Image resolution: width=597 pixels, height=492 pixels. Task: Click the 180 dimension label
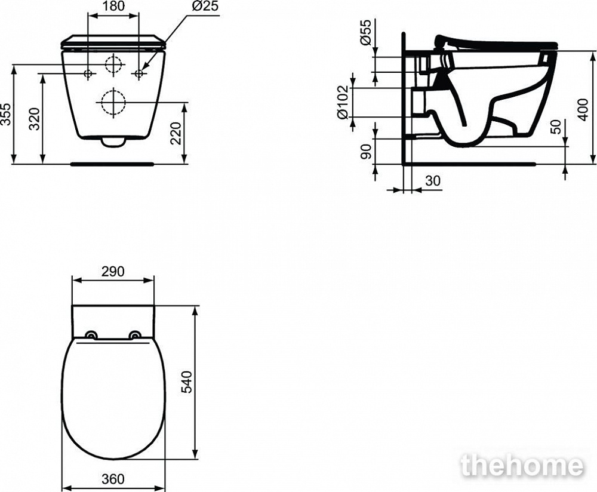pos(113,6)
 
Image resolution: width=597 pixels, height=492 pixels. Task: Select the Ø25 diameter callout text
pos(205,7)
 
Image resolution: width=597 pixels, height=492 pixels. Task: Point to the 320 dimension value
pos(35,119)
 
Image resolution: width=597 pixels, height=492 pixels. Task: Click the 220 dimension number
pos(176,133)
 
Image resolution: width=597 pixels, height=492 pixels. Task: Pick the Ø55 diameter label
pos(365,32)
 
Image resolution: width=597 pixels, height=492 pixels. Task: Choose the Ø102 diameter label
pos(343,102)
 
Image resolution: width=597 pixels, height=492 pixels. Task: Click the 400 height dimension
pos(583,109)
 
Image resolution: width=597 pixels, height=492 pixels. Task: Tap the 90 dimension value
pos(365,152)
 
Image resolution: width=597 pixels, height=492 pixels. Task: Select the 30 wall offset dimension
pos(432,180)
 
